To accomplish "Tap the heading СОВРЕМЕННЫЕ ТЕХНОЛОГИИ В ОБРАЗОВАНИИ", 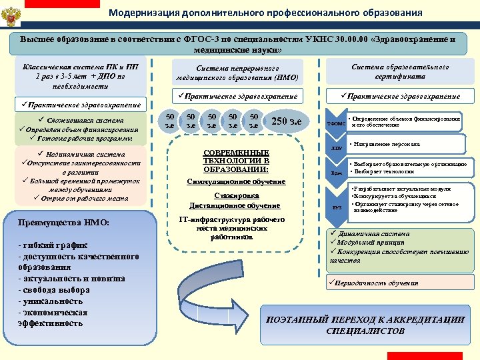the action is click(x=236, y=160).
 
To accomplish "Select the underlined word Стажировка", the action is click(x=237, y=195).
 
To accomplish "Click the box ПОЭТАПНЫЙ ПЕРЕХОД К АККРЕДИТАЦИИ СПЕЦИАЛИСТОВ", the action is click(x=365, y=325).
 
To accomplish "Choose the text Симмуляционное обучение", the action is click(x=237, y=181).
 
